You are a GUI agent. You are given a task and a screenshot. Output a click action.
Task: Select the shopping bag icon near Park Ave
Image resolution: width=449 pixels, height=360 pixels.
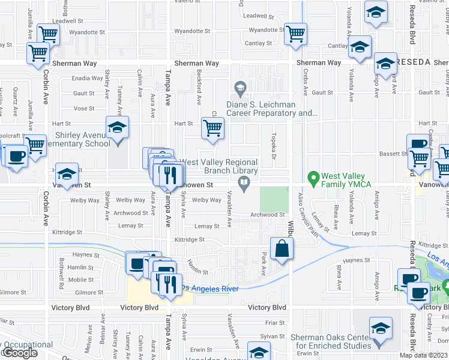[281, 248]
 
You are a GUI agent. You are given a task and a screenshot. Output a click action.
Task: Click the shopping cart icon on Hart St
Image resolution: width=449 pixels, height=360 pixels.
[212, 128]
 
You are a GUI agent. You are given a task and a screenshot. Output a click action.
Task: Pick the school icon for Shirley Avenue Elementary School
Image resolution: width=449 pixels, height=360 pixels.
[118, 128]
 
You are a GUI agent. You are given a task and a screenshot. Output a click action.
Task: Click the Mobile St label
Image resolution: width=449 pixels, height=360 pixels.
[80, 280]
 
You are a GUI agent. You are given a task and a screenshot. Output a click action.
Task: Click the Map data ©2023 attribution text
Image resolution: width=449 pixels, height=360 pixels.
[423, 355]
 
